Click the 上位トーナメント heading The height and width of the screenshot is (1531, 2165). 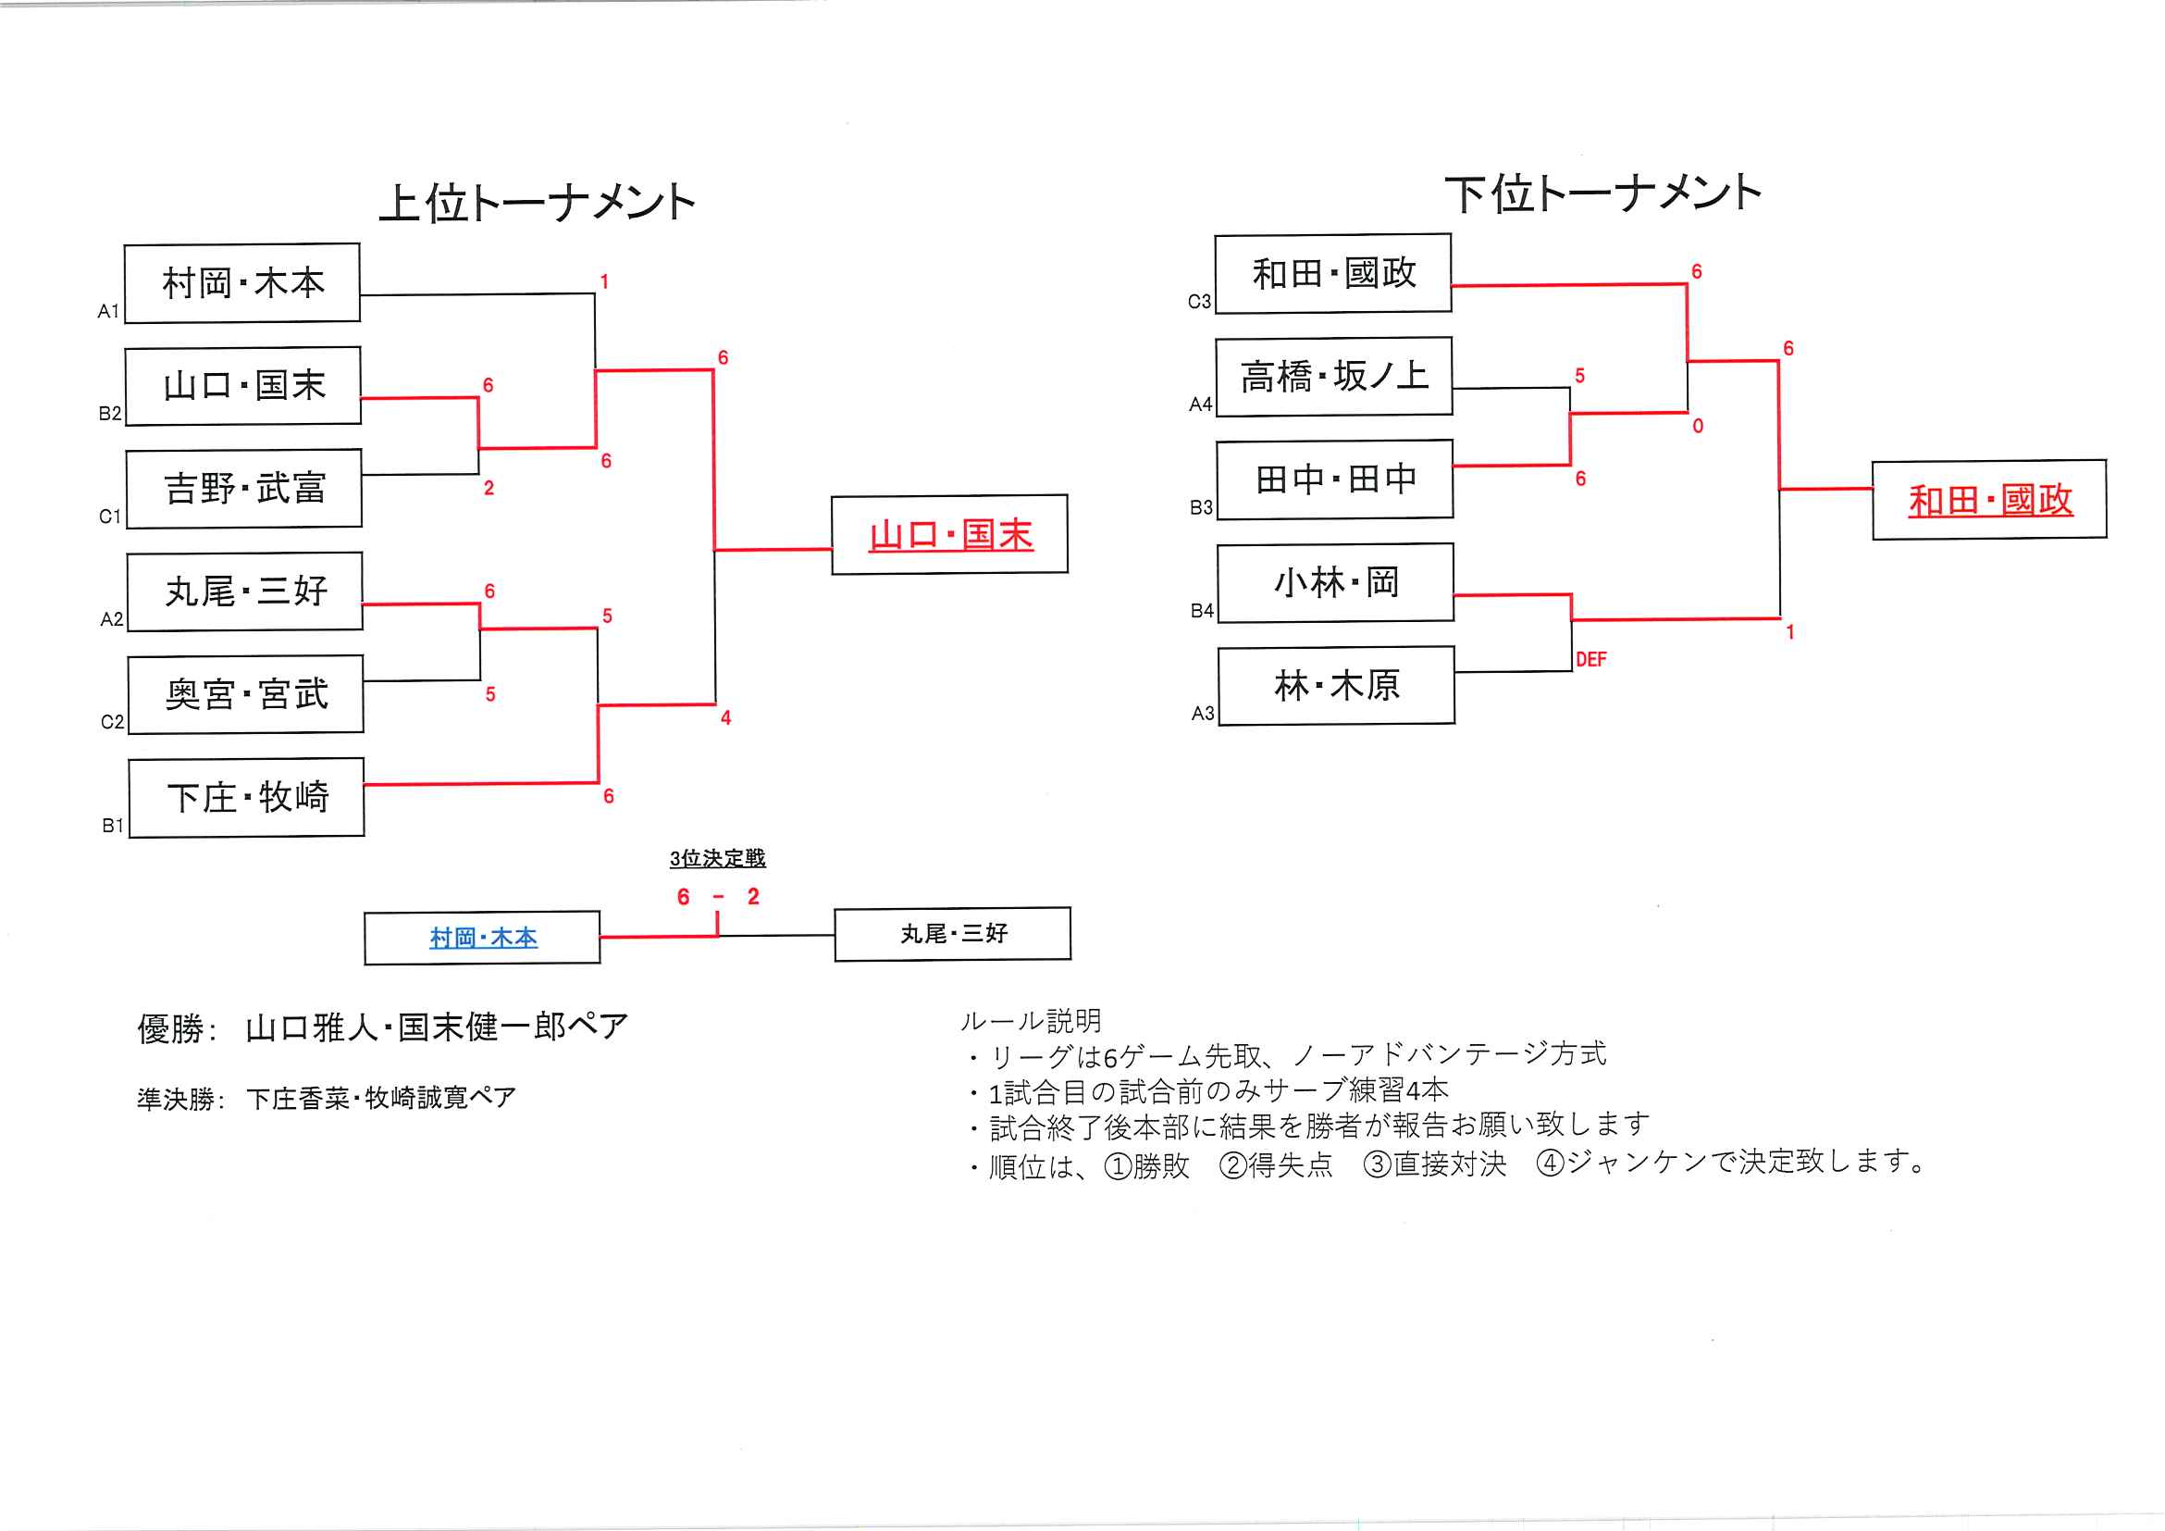pos(537,202)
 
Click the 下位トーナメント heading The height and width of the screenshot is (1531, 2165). pos(1603,193)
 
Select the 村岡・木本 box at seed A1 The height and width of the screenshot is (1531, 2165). pos(242,283)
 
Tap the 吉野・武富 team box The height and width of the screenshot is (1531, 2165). pos(244,489)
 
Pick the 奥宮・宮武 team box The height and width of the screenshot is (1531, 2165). pos(246,694)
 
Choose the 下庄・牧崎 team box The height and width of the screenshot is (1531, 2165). pos(247,797)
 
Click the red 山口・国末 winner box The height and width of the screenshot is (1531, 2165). pos(949,535)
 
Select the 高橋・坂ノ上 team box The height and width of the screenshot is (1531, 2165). pos(1333,377)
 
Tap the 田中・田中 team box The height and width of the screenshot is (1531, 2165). pos(1335,479)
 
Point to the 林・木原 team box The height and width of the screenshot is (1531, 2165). pos(1336,686)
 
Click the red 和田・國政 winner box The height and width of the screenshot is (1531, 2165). pos(1989,500)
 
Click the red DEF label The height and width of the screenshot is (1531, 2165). pos(1590,659)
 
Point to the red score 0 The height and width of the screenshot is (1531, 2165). pos(1697,427)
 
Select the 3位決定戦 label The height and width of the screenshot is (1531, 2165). pos(718,858)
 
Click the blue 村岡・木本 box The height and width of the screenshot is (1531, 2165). pos(483,938)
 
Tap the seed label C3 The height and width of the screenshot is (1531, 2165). pos(1198,302)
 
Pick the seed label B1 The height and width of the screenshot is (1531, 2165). pos(112,827)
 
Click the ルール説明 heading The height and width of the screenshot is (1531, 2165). pos(1031,1021)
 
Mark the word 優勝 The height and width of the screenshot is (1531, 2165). pos(170,1029)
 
